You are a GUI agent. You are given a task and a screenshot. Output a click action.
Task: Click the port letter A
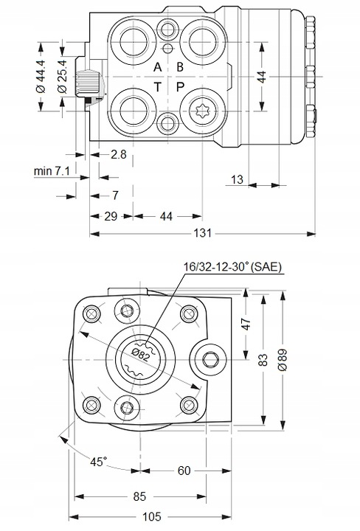[x=157, y=67]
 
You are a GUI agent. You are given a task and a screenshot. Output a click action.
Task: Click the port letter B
[x=180, y=67]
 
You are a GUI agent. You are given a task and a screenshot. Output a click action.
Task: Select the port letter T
[x=157, y=87]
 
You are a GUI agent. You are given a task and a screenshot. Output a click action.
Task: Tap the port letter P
[x=180, y=87]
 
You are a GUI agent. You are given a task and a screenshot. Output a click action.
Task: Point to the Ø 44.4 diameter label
[x=41, y=76]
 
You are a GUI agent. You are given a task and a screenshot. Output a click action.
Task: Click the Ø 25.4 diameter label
[x=62, y=76]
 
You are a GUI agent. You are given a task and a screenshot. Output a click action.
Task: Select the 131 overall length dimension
[x=203, y=233]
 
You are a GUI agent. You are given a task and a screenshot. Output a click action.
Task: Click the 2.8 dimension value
[x=118, y=154]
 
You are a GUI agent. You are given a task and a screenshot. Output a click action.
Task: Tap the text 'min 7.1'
[x=52, y=171]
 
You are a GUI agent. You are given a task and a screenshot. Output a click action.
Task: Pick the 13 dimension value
[x=237, y=179]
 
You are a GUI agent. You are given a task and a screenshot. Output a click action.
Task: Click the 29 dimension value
[x=111, y=216]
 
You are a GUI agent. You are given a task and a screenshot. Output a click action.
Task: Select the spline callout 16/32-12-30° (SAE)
[x=232, y=267]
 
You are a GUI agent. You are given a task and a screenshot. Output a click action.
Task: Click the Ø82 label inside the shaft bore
[x=140, y=355]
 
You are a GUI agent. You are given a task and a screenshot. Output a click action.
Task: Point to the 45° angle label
[x=98, y=461]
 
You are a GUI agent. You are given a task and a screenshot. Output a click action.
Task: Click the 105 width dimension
[x=151, y=517]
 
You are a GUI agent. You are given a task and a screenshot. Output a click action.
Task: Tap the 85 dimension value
[x=139, y=496]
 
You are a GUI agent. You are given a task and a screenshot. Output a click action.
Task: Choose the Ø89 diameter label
[x=282, y=360]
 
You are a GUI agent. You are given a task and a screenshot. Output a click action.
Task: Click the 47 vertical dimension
[x=247, y=324]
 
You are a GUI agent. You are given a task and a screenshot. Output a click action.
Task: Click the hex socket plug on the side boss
[x=210, y=359]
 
